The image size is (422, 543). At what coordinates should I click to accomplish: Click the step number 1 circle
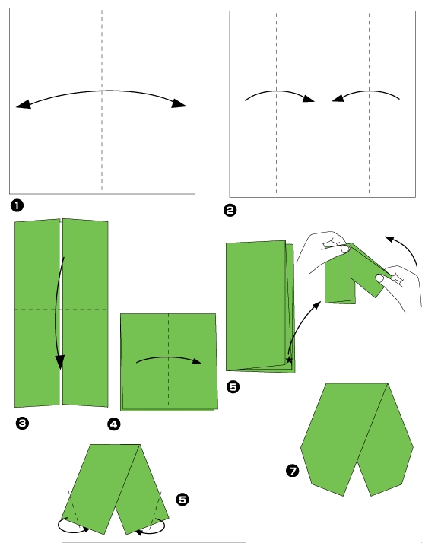[x=16, y=205]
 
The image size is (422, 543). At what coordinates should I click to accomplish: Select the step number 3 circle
[x=22, y=424]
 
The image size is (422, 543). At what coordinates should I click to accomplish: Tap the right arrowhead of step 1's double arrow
[x=179, y=104]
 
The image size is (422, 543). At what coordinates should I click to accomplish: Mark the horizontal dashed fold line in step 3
[x=38, y=310]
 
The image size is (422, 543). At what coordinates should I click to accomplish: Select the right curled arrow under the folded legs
[x=151, y=526]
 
